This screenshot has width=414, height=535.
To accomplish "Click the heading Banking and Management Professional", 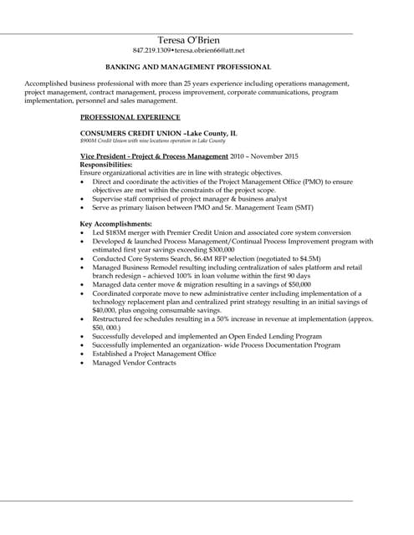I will [187, 66].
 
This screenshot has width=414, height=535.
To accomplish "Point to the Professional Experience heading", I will [130, 117].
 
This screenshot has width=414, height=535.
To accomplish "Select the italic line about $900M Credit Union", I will [146, 141].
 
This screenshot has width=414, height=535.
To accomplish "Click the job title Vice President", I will [104, 156].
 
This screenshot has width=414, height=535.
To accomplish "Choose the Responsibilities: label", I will [106, 164].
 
